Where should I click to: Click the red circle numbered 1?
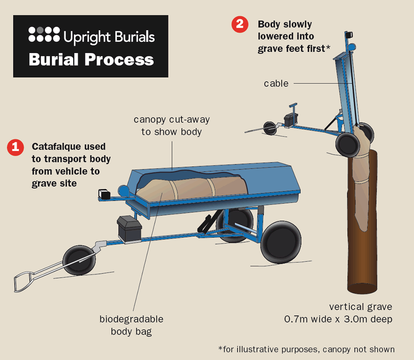pyautogui.click(x=15, y=148)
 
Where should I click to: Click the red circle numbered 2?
pyautogui.click(x=240, y=24)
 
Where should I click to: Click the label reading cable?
pyautogui.click(x=276, y=84)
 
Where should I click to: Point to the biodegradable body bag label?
pyautogui.click(x=131, y=325)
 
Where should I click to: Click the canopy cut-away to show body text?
pyautogui.click(x=172, y=126)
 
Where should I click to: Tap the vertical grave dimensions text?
pyautogui.click(x=360, y=313)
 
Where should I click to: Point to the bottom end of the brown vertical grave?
pyautogui.click(x=362, y=289)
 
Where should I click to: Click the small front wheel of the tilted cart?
pyautogui.click(x=270, y=128)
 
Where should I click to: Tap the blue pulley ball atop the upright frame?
pyautogui.click(x=351, y=47)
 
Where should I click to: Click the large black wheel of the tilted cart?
pyautogui.click(x=348, y=144)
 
